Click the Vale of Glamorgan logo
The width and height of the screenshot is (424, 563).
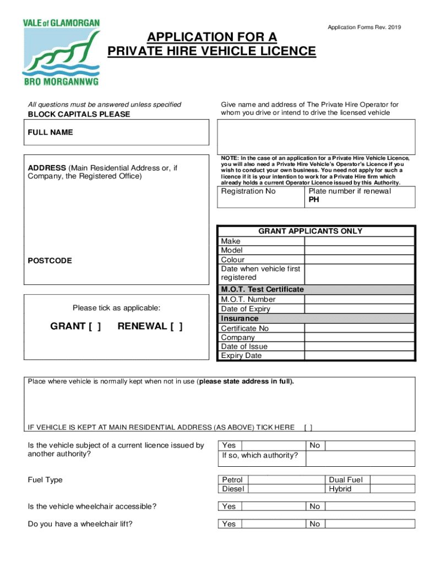click(61, 53)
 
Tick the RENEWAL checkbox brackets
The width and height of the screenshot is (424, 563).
click(176, 327)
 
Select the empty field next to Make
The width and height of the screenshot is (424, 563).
click(359, 241)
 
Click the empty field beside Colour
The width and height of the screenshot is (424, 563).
click(359, 260)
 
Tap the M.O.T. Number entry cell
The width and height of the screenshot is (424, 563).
click(359, 300)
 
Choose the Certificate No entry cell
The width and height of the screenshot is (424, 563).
click(359, 328)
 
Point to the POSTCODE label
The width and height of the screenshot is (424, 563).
click(50, 261)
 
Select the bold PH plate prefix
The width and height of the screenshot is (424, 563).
click(314, 200)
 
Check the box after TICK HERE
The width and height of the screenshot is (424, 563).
click(308, 427)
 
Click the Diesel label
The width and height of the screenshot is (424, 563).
click(232, 489)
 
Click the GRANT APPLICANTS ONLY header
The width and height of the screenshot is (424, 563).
click(311, 231)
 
